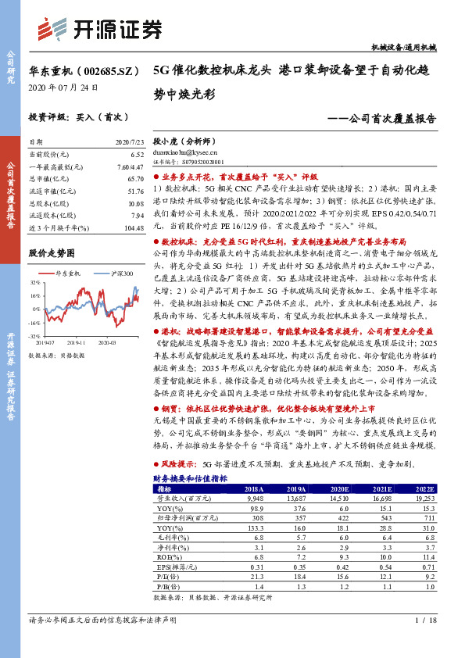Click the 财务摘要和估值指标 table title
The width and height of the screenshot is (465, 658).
click(190, 477)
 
